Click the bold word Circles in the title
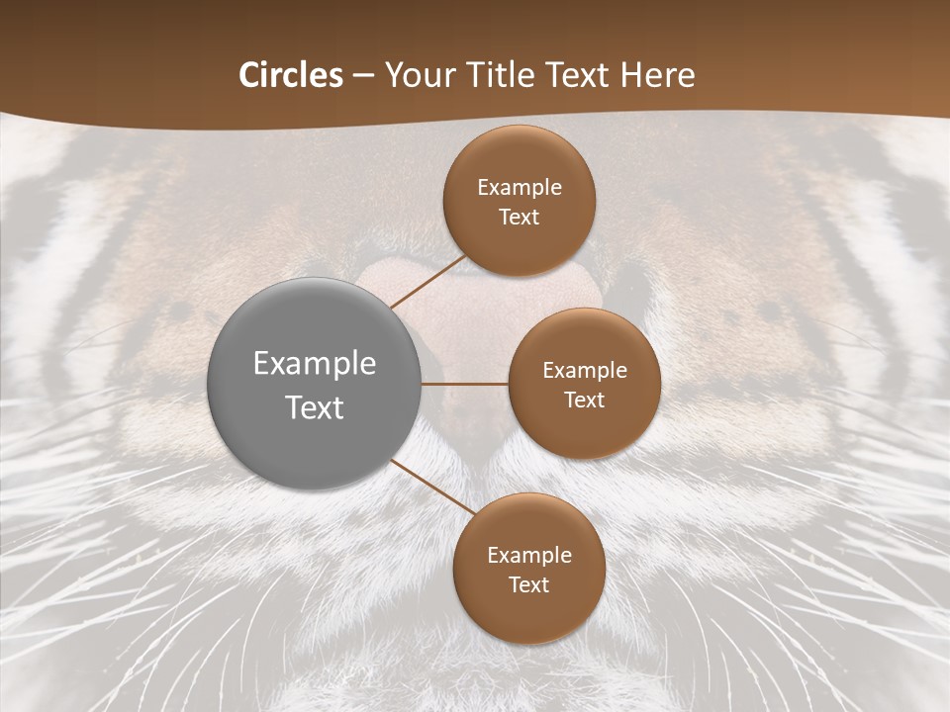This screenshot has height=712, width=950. [291, 75]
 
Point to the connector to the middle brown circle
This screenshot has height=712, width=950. [465, 384]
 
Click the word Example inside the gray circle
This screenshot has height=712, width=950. [315, 364]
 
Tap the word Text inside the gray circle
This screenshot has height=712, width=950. [315, 407]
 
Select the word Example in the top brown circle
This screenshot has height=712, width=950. [520, 188]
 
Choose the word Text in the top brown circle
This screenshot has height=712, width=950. [519, 218]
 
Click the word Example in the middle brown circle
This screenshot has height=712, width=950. [585, 371]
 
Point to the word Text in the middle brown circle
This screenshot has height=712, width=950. [585, 400]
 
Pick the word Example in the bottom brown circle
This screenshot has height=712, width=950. [529, 556]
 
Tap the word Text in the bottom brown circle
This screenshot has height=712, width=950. [528, 585]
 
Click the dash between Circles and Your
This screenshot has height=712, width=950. [363, 76]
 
